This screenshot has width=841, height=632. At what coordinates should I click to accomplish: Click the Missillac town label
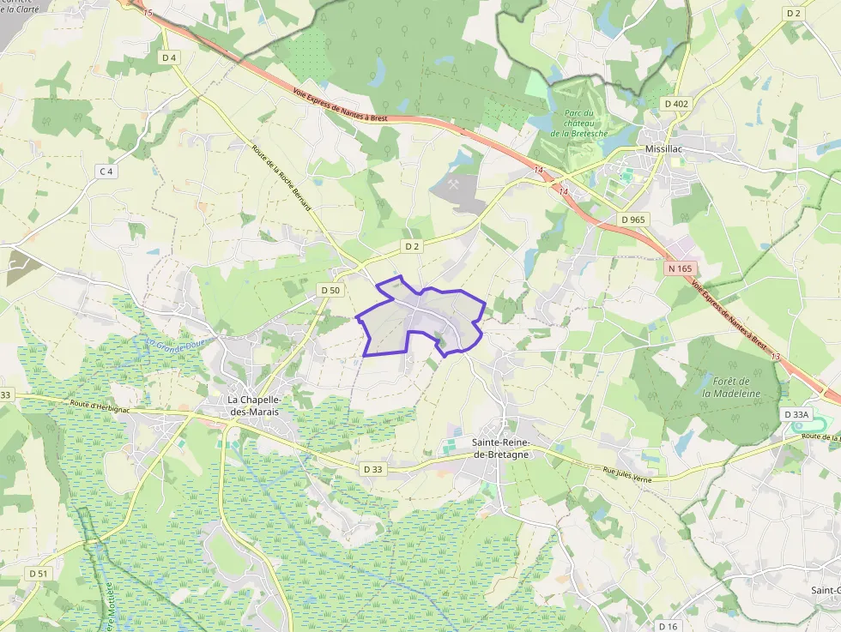click(x=669, y=148)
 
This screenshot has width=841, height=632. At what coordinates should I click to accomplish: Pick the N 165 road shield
click(x=679, y=268)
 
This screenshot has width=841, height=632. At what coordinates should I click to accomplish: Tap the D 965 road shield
click(x=632, y=220)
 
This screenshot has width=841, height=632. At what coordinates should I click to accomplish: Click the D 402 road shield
click(x=676, y=104)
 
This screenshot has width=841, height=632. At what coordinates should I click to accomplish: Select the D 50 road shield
click(x=330, y=290)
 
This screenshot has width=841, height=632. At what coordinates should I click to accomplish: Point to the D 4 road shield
click(x=169, y=57)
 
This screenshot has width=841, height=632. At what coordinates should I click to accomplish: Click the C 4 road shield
click(x=106, y=172)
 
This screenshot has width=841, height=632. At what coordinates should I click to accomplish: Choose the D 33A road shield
click(x=796, y=414)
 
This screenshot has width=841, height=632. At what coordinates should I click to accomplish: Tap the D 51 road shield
click(x=38, y=573)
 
